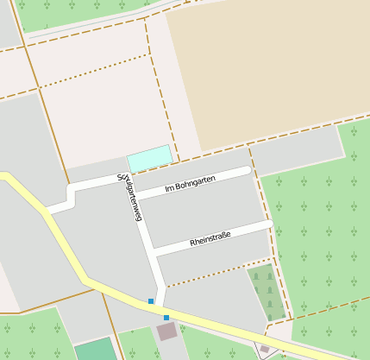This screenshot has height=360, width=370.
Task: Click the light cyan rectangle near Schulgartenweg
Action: tap(149, 158)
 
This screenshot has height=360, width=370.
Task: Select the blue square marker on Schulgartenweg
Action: tap(151, 301)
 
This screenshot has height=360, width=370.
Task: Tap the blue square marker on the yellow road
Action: tap(166, 318)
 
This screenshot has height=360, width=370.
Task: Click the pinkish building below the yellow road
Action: tap(166, 331)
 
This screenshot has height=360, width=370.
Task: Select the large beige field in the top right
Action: tap(267, 69)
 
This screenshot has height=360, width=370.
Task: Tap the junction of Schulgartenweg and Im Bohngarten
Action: tap(135, 197)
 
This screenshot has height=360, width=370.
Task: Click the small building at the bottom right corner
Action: tap(265, 349)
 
